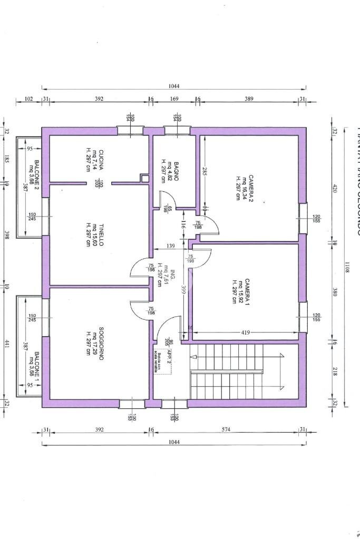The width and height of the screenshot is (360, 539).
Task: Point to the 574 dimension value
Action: [227, 430]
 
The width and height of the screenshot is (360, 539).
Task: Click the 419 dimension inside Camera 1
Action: [246, 332]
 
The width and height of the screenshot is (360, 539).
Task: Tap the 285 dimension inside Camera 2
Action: [203, 171]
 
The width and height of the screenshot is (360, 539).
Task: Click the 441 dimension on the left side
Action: [6, 343]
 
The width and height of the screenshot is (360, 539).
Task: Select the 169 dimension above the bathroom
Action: [174, 99]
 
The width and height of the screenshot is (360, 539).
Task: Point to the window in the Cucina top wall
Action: [130, 130]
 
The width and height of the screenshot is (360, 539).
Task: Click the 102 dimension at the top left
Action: [28, 99]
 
